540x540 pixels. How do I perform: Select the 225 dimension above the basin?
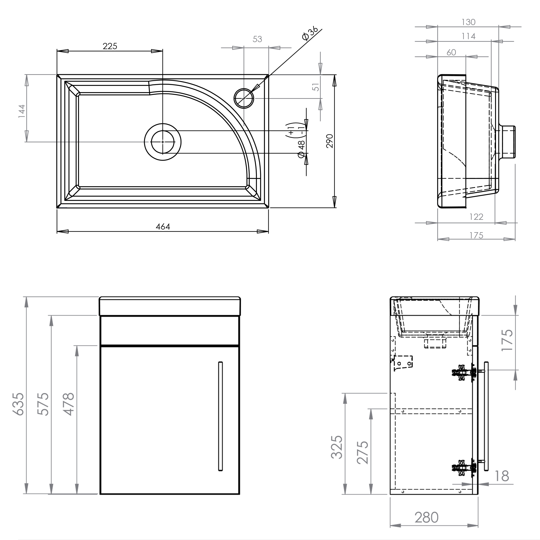(x=110, y=46)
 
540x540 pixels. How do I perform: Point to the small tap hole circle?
(x=244, y=98)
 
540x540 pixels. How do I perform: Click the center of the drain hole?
(x=163, y=142)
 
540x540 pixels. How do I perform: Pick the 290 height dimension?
(x=330, y=141)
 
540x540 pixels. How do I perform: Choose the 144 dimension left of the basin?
(x=22, y=111)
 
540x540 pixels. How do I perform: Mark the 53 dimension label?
(x=257, y=39)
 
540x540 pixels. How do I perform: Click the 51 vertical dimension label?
(x=316, y=87)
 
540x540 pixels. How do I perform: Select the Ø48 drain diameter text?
(x=301, y=149)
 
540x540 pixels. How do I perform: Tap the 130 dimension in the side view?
(x=468, y=22)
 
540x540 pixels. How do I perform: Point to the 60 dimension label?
(x=451, y=53)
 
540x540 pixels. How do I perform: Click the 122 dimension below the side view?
(x=476, y=217)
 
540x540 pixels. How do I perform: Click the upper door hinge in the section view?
(x=464, y=372)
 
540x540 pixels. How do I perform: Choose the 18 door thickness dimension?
(x=502, y=476)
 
